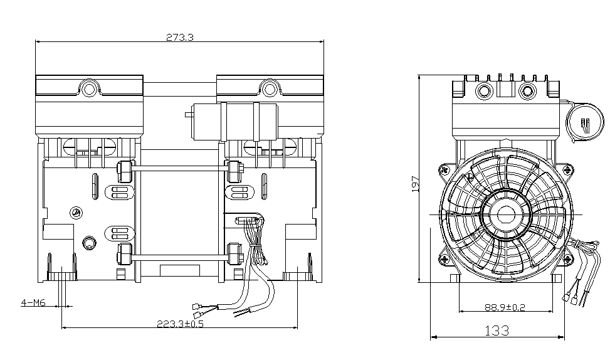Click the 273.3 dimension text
click(180, 37)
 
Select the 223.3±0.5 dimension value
click(180, 324)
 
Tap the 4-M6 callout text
click(33, 303)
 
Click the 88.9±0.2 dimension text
click(505, 307)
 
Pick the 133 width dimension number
click(497, 331)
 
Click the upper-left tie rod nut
click(124, 169)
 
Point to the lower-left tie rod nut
click(124, 253)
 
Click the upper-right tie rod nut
click(235, 169)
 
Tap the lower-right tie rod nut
click(235, 253)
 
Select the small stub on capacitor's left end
click(187, 115)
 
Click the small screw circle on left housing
click(76, 211)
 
